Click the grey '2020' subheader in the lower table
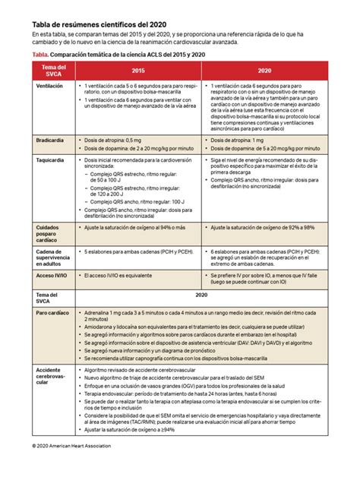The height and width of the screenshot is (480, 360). click(201, 294)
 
